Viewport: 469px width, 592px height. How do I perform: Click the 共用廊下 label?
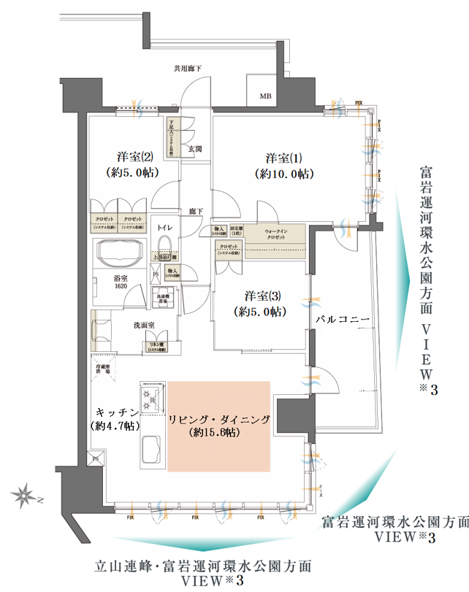point(188,69)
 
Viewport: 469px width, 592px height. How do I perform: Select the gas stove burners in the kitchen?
point(152,397)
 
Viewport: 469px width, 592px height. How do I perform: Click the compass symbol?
point(25,496)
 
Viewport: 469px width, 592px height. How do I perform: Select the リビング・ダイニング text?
point(219,419)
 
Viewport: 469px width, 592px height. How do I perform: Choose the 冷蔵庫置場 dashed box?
point(103,368)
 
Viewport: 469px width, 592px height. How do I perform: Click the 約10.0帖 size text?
point(284,174)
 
